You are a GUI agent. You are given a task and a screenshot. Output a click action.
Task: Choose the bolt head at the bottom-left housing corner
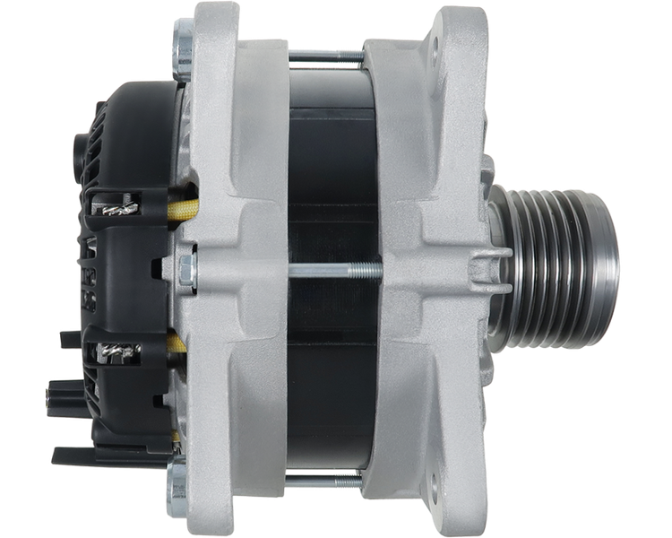(x=179, y=488)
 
